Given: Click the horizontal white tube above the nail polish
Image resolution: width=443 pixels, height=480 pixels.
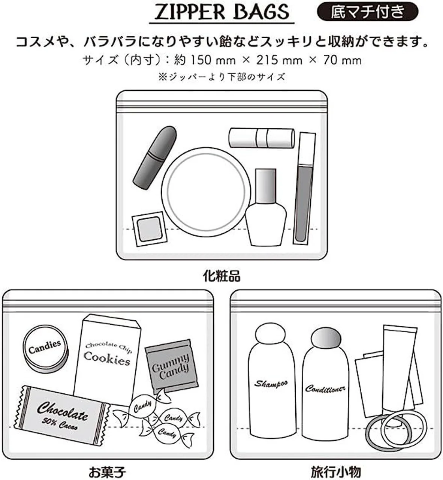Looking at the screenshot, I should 261,138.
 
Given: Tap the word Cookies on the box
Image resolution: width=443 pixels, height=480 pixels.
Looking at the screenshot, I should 107,358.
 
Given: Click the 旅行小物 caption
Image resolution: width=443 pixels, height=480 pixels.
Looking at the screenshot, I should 335,471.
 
